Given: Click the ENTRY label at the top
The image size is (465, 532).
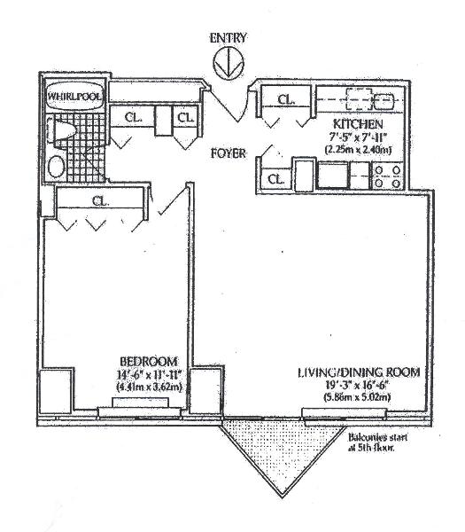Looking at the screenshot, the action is (228, 37).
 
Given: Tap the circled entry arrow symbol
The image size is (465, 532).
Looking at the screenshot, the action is (229, 62).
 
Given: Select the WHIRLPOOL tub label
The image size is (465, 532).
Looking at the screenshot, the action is (74, 97).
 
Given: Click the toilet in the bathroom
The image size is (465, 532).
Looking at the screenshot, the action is (61, 130).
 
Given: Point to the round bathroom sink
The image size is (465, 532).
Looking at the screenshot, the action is (57, 167).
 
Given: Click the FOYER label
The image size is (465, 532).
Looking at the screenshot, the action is (229, 153).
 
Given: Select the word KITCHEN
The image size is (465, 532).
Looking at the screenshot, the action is (358, 124).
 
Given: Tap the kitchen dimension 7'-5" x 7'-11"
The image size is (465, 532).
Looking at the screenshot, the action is (358, 137).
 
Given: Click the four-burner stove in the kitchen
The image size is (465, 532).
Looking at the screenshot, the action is (388, 177).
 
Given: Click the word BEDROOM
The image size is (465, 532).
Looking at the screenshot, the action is (149, 361).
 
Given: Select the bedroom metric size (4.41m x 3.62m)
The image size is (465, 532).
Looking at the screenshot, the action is (149, 387).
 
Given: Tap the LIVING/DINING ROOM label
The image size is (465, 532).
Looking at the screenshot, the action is (359, 372).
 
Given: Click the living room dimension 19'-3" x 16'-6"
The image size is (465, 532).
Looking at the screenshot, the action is (358, 385).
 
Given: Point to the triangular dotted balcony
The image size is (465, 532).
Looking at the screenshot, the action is (282, 448).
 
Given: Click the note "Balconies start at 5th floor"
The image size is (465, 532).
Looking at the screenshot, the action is (377, 442).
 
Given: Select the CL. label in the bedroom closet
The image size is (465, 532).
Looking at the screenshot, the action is (101, 201).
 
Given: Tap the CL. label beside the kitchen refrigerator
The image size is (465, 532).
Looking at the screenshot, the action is (275, 179).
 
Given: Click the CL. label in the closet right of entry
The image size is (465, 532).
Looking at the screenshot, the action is (286, 99).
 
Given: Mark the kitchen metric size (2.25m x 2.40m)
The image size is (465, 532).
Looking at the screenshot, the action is (358, 149).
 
